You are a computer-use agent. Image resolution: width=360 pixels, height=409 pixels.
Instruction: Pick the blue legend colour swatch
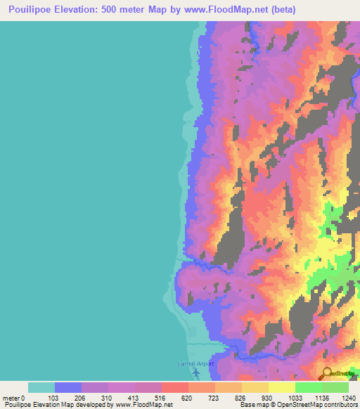tap(68, 387)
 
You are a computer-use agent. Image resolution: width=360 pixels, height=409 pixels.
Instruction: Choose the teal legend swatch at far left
tap(41, 387)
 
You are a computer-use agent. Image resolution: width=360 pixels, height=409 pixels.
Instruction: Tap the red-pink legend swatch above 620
tap(175, 387)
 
